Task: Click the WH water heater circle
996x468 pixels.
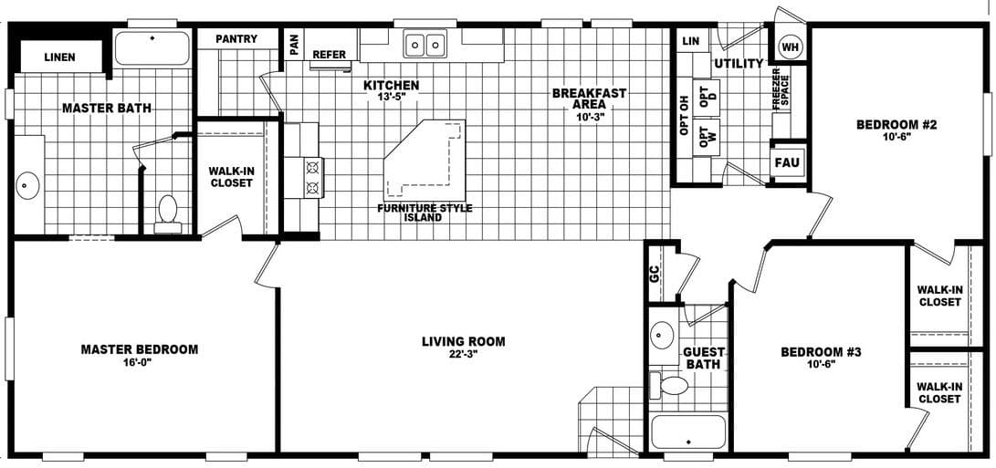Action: tap(790, 47)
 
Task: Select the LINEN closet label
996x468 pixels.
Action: tap(60, 57)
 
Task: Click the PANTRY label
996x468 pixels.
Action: tap(236, 39)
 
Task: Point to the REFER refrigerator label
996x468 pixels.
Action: tap(330, 55)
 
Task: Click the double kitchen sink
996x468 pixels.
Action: tap(425, 44)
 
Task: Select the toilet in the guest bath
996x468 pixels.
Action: tap(674, 385)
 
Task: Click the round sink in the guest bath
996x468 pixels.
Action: tap(664, 336)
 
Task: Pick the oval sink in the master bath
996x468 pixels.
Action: tap(26, 186)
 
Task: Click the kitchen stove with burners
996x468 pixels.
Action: tap(311, 177)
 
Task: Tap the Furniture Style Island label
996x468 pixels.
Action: tap(425, 213)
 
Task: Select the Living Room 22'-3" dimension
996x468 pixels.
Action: tap(463, 355)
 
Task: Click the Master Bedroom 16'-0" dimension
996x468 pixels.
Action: tap(139, 362)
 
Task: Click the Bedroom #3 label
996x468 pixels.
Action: tap(821, 352)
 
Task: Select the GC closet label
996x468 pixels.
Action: tap(654, 271)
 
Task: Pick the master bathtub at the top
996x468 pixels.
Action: tap(152, 47)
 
